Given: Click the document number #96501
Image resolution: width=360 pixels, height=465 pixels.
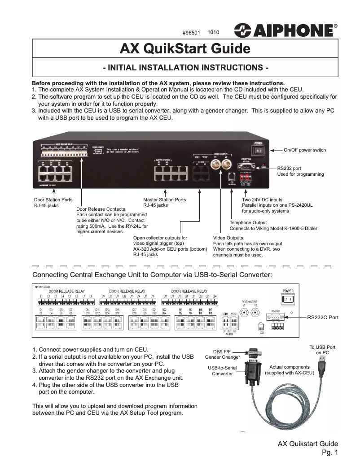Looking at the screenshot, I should click(x=191, y=33).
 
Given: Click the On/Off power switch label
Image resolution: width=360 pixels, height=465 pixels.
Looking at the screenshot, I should click(x=305, y=150).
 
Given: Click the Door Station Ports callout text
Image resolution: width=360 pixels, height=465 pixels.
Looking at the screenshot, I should click(x=53, y=200).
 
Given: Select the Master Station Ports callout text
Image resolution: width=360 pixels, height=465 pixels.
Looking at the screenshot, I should click(x=164, y=200).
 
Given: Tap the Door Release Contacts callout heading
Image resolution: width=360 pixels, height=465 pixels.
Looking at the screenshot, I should click(x=101, y=209).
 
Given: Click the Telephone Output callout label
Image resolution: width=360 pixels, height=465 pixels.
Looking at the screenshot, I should click(x=248, y=222).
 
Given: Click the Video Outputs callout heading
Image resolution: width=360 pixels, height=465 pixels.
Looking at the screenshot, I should click(x=228, y=238).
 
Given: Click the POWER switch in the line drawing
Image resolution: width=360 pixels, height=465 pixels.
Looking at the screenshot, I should click(x=288, y=299).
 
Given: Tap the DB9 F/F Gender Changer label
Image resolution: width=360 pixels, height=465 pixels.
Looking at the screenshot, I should click(x=223, y=354).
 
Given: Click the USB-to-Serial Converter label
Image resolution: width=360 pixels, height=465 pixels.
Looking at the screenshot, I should click(x=223, y=370).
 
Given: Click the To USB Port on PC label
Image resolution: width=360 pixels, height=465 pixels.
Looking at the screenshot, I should click(x=322, y=350).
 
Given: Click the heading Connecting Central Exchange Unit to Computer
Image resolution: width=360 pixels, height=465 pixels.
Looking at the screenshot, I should click(x=152, y=274).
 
